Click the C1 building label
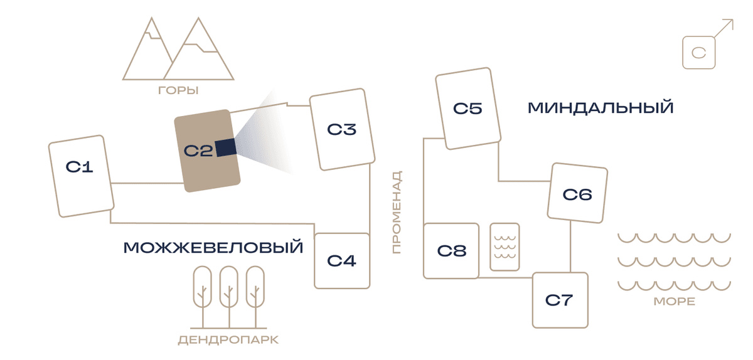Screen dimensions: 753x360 coord(79,167)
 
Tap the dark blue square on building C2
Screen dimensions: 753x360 coord(225,147)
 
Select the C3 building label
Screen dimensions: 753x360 coord(341,129)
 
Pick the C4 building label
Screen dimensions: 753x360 coord(341,261)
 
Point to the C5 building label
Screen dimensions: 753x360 coord(467,109)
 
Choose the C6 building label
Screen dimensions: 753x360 coord(577,194)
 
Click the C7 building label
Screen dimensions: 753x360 coord(558,300)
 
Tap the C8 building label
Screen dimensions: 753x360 coord(451,251)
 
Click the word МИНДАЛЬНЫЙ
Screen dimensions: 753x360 coord(601,108)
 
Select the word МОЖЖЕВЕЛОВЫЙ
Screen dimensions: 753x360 coord(213,248)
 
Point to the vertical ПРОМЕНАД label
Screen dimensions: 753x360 coord(397,213)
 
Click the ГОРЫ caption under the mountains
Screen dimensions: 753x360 coord(178,90)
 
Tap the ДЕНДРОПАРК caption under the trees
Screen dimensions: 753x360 coord(228,340)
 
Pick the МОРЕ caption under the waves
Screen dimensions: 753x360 coord(675,302)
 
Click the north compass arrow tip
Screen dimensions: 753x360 coord(733,19)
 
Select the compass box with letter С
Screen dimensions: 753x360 coord(698,53)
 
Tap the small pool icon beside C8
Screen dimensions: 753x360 coord(505,246)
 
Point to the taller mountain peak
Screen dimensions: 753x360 coord(198,18)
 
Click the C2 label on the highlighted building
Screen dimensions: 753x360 coord(198,151)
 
